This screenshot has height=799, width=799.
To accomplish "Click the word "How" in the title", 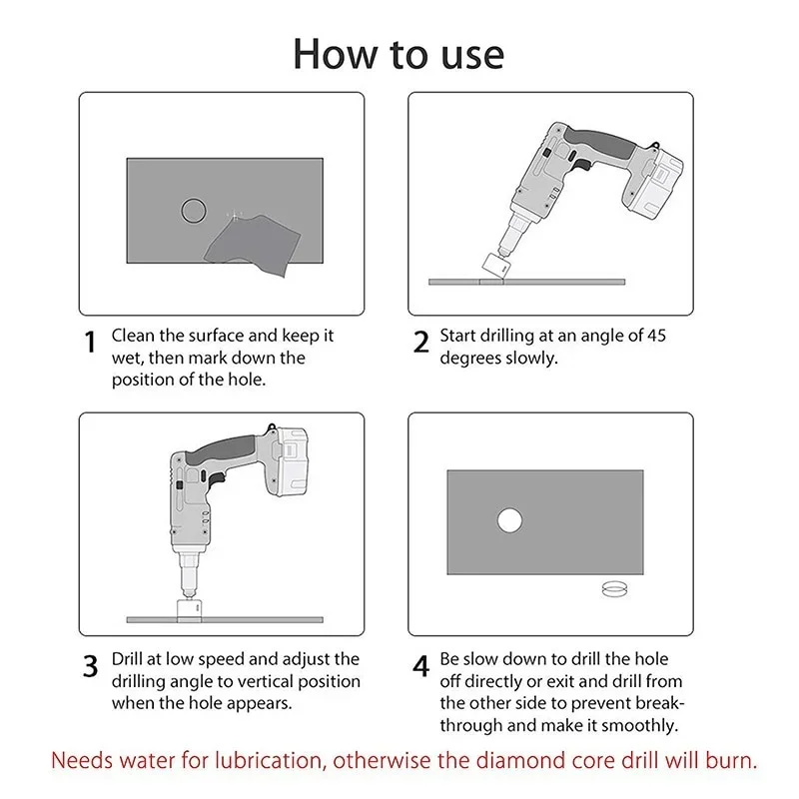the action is point(336,54).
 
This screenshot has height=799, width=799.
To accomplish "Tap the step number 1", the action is point(90,342).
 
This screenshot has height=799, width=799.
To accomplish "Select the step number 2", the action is point(420,342).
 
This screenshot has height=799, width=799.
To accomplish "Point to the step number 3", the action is point(90,665).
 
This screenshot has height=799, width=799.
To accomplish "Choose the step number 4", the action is point(420,665).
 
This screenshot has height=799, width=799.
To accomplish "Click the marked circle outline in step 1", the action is point(182,211).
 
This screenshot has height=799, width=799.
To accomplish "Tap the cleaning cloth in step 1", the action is point(254,246).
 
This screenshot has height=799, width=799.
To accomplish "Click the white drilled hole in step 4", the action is point(509,520).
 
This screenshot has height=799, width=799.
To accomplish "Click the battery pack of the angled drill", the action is point(654,185).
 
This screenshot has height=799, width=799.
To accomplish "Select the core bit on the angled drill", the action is point(494,266).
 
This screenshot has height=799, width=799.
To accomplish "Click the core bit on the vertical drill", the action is point(190,609).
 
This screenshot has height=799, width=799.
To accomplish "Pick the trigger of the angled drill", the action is point(582,165).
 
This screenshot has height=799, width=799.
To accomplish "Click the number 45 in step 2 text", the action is point(656,336).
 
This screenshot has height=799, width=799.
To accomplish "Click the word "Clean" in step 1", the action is point(133,336).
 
